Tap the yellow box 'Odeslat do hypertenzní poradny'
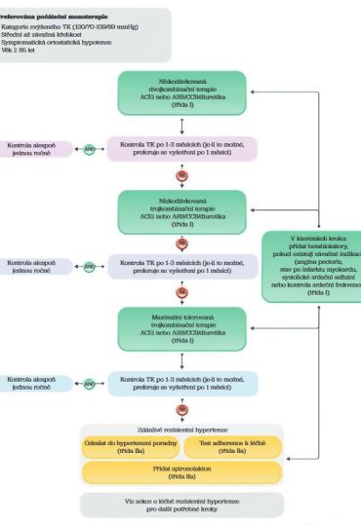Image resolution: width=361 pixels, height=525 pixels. coord(127,447)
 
